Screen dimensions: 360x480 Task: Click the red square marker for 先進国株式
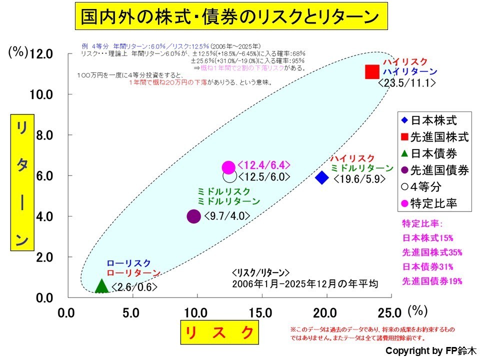371,72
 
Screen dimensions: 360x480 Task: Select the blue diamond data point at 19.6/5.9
322,177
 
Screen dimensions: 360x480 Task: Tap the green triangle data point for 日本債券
101,285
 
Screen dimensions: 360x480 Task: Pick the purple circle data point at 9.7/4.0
193,216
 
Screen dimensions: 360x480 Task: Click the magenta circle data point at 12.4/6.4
228,167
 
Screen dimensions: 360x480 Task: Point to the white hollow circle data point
229,176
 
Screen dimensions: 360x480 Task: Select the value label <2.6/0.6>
134,287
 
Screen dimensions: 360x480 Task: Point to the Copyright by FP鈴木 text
431,350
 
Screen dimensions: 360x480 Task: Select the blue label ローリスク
128,263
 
